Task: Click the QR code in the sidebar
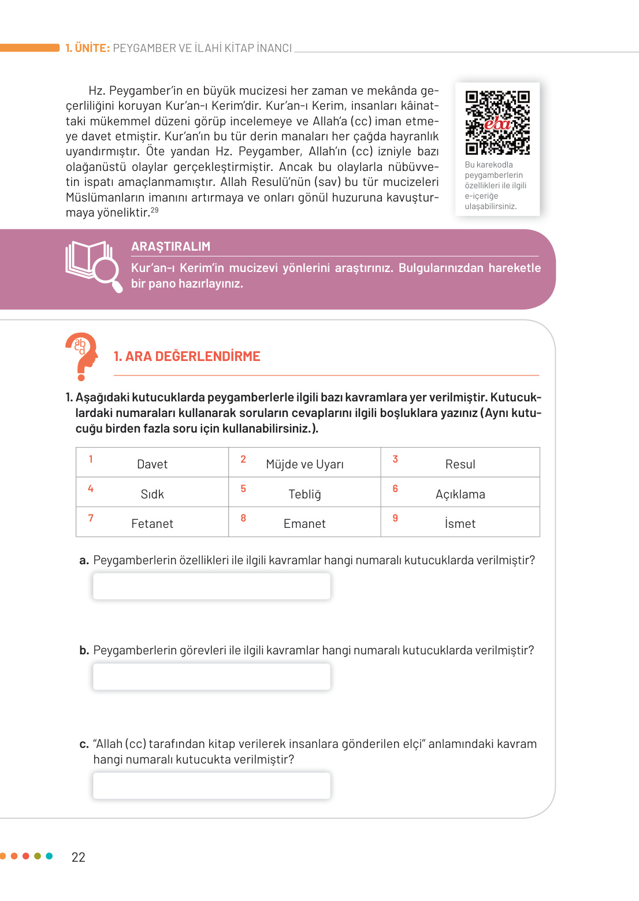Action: click(x=497, y=122)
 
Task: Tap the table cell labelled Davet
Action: click(x=152, y=464)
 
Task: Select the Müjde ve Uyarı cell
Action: click(x=304, y=464)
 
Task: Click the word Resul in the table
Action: click(x=460, y=464)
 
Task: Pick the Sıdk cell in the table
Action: click(x=152, y=494)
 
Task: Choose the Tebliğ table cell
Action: click(x=304, y=494)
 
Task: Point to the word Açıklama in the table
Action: click(x=460, y=494)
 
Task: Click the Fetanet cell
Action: click(x=152, y=523)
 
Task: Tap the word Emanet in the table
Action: click(x=304, y=523)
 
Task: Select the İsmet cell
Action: click(x=460, y=523)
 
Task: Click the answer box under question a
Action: click(x=211, y=586)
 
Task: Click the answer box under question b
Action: click(x=211, y=676)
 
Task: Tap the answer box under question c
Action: click(x=211, y=785)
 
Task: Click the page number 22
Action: click(x=79, y=857)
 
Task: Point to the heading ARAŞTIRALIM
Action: click(x=170, y=246)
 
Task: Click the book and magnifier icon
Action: click(x=94, y=266)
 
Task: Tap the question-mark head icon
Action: click(x=81, y=356)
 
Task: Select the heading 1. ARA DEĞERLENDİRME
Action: click(x=187, y=356)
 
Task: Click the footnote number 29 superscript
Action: click(x=155, y=210)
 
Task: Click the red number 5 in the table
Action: click(x=243, y=489)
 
